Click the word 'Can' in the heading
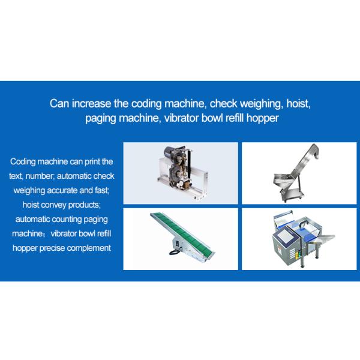tap(59, 103)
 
